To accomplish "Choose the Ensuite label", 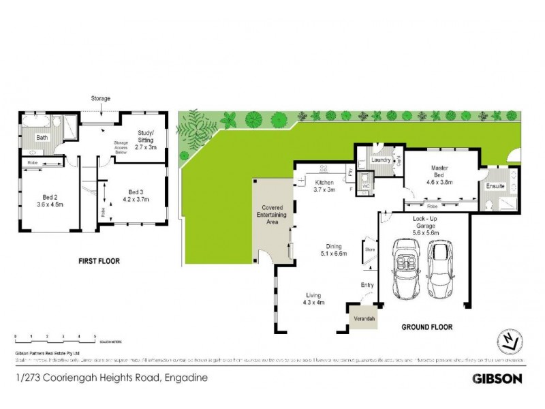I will (x=495, y=185).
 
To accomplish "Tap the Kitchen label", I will (x=324, y=186).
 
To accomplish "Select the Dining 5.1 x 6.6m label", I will (x=334, y=250).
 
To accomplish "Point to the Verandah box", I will (x=361, y=318).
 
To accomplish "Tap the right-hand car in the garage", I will (x=441, y=271).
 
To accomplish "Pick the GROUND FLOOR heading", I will (x=426, y=327).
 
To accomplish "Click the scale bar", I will (x=54, y=337).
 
